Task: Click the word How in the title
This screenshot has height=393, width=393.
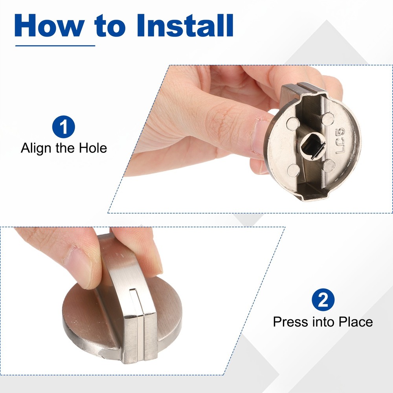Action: tap(50, 25)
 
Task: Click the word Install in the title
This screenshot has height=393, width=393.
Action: tap(185, 25)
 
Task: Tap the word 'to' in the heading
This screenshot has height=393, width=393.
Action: tap(110, 26)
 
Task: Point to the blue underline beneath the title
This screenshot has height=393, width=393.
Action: tap(55, 46)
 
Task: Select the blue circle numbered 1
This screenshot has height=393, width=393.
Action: tap(63, 127)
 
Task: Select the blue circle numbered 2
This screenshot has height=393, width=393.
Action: tap(323, 300)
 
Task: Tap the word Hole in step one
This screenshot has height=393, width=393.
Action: tap(93, 148)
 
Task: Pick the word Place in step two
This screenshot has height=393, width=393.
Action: tap(356, 322)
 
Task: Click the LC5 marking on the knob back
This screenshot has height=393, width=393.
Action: tap(340, 141)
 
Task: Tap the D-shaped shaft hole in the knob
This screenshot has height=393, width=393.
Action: tap(312, 146)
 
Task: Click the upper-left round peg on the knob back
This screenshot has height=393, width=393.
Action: tap(293, 124)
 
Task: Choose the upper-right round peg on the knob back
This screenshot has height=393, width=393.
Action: tap(328, 119)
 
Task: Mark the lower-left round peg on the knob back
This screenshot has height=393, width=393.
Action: tap(294, 171)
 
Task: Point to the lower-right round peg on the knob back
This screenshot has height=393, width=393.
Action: tap(329, 166)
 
